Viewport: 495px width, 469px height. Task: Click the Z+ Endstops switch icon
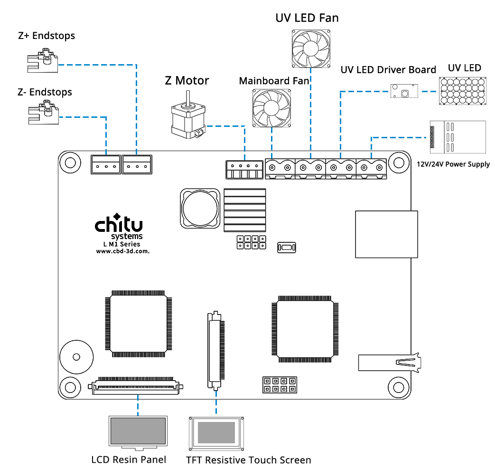pyautogui.click(x=43, y=60)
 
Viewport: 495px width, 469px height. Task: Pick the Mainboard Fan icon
pyautogui.click(x=270, y=108)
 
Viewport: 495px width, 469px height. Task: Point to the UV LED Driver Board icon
pyautogui.click(x=404, y=91)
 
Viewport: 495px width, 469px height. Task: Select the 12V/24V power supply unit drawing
pyautogui.click(x=458, y=137)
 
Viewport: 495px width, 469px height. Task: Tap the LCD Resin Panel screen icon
pyautogui.click(x=138, y=432)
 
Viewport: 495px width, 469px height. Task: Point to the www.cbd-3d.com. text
pyautogui.click(x=123, y=251)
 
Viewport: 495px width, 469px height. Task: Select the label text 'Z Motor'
pyautogui.click(x=187, y=80)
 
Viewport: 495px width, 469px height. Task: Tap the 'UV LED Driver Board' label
pyautogui.click(x=388, y=70)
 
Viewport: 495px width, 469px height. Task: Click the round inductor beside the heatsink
pyautogui.click(x=199, y=209)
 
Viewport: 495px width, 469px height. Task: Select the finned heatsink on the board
pyautogui.click(x=245, y=210)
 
